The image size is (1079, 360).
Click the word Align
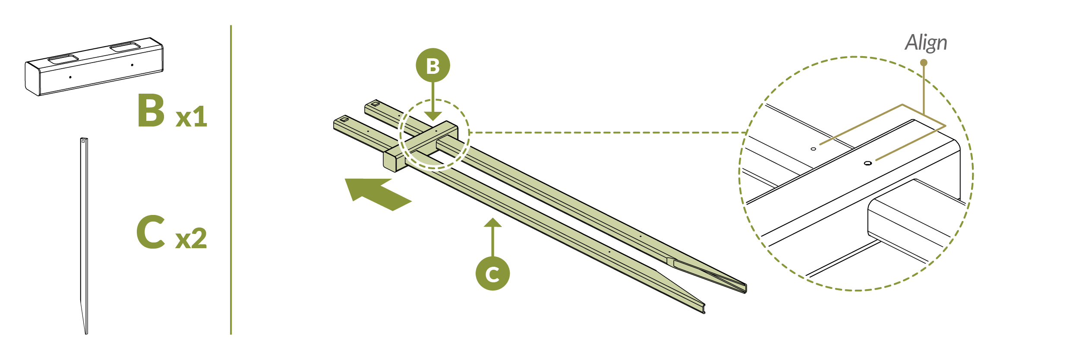[926, 43]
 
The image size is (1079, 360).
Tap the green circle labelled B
[433, 66]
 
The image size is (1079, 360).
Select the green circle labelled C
[492, 274]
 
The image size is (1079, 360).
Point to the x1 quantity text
[191, 117]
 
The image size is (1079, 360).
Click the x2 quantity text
[191, 239]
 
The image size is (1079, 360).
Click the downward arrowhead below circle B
[433, 116]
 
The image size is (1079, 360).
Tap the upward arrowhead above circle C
[492, 223]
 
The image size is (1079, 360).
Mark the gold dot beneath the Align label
[924, 63]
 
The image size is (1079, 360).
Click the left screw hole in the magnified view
[813, 149]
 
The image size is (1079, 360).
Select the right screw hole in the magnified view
[868, 163]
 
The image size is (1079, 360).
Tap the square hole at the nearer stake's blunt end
[344, 119]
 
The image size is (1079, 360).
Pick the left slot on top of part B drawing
[63, 59]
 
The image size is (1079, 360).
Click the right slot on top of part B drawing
[125, 47]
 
